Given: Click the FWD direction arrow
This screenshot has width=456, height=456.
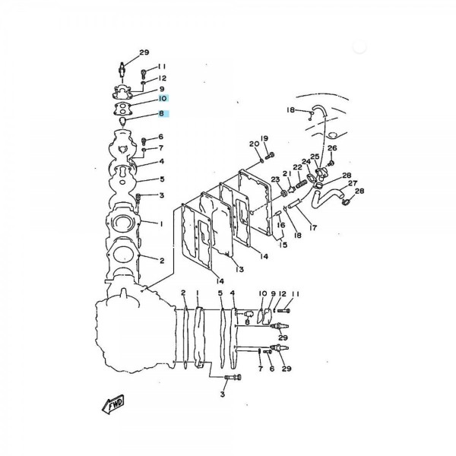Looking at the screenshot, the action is click(113, 404).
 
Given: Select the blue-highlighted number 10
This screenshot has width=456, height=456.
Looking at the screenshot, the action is click(163, 98).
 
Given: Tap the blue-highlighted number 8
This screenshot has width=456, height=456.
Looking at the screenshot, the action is click(162, 113).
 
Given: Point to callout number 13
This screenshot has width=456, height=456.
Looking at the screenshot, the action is click(239, 270).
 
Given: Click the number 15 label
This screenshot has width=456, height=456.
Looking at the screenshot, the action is click(283, 245).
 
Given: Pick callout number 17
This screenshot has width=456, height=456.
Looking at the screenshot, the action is click(313, 228).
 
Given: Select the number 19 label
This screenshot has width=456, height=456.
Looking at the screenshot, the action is click(264, 138).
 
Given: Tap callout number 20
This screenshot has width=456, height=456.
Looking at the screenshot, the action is click(254, 144).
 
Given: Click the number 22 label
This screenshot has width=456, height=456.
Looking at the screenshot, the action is click(297, 167).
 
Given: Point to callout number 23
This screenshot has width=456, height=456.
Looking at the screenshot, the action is click(275, 179).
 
